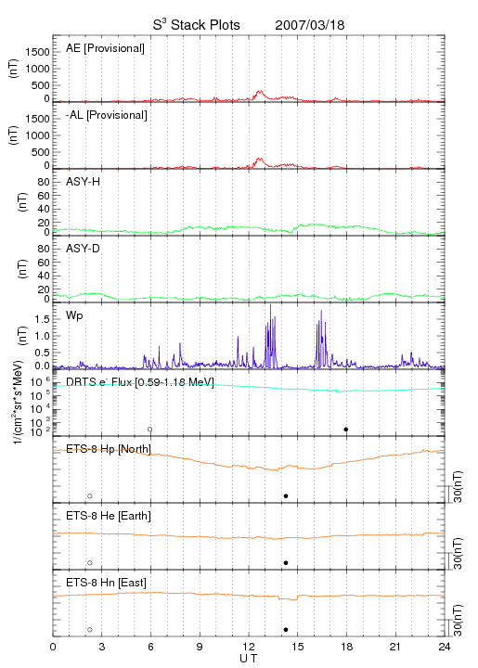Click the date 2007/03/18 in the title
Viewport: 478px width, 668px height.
click(310, 25)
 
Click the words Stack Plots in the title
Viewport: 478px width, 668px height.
click(205, 25)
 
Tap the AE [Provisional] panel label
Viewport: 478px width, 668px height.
click(105, 48)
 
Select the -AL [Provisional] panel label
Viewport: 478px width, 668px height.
click(107, 115)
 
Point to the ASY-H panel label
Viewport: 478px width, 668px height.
click(84, 182)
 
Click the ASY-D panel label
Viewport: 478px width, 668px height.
click(84, 249)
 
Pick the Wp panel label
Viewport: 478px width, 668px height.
click(74, 316)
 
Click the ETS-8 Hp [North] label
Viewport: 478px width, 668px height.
click(109, 449)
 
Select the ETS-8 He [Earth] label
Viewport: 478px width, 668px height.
click(109, 516)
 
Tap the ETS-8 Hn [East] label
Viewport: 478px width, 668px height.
click(106, 583)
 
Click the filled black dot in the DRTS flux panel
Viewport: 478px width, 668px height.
click(346, 430)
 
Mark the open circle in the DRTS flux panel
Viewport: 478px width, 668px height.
click(150, 430)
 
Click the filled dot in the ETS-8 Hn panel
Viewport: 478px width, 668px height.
click(286, 630)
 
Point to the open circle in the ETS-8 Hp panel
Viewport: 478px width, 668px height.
click(90, 496)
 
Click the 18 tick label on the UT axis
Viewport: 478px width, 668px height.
click(347, 647)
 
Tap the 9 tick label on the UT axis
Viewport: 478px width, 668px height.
click(200, 647)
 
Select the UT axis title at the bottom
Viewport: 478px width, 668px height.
click(249, 659)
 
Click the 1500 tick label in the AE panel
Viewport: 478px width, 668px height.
click(37, 52)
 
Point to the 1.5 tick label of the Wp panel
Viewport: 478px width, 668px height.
click(42, 319)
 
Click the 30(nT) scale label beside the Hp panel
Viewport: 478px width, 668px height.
click(458, 487)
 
